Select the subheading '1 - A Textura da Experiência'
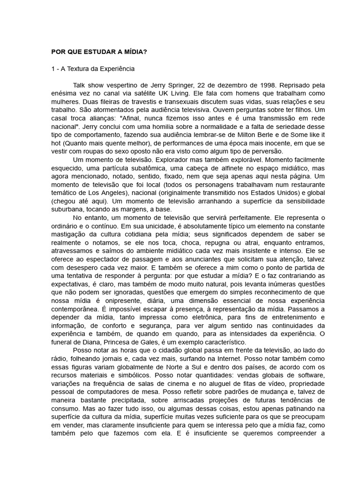tap(93, 69)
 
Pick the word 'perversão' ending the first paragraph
tap(267, 151)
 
